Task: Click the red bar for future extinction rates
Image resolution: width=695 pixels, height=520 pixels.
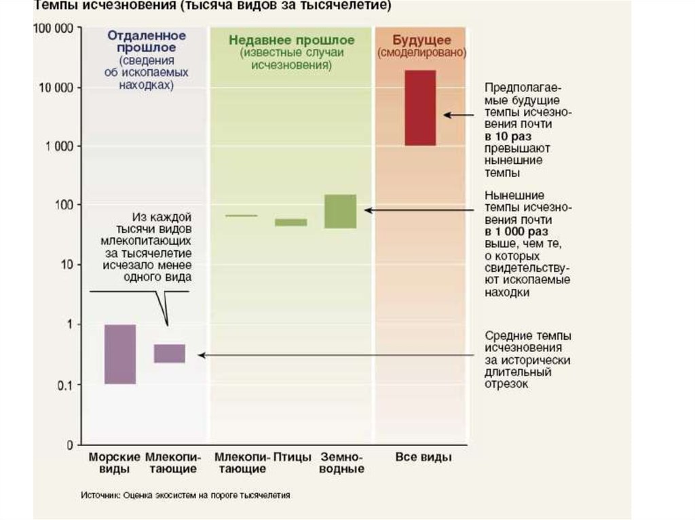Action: click(x=419, y=107)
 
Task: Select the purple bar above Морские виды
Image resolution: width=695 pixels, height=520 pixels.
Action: click(x=120, y=354)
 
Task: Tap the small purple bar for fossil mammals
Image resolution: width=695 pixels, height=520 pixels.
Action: click(x=169, y=353)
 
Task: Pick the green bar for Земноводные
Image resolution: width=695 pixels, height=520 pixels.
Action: click(x=340, y=212)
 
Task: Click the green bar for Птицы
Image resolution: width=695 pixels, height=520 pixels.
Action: click(x=290, y=222)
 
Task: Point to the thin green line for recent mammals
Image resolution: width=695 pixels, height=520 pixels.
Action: click(x=241, y=216)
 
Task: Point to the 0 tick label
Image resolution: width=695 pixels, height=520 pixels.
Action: click(x=69, y=445)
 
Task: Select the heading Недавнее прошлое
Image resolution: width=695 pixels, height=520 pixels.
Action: click(x=291, y=40)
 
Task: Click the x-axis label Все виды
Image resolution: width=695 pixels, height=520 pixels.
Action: click(x=423, y=457)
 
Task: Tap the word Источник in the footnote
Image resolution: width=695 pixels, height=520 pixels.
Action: click(x=100, y=496)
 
